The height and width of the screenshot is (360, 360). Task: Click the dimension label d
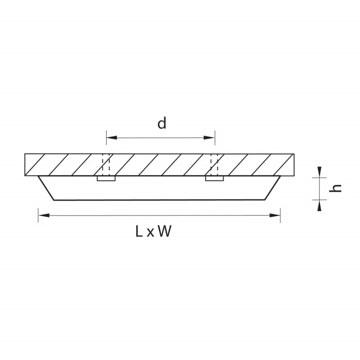(x=162, y=123)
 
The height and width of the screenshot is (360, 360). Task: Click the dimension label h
(x=335, y=188)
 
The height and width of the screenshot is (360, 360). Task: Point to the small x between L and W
(x=150, y=233)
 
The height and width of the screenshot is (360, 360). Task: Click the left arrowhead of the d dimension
(x=112, y=138)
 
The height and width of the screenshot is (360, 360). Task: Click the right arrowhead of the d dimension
(x=209, y=138)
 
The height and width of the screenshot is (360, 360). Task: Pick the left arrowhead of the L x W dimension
(x=44, y=216)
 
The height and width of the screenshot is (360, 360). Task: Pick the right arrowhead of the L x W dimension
(x=274, y=216)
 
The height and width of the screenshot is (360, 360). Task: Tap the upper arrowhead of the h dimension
(x=319, y=172)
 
